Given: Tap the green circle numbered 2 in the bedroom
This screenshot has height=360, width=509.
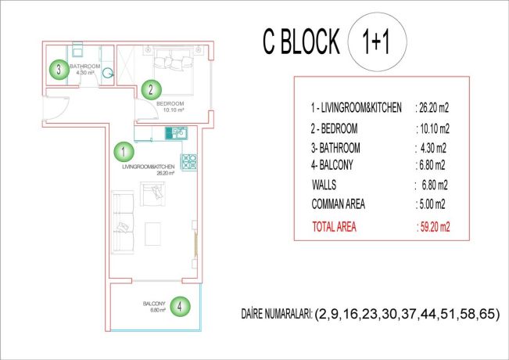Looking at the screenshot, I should coord(151,89).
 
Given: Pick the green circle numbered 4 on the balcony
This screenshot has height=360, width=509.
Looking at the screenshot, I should coord(180,305).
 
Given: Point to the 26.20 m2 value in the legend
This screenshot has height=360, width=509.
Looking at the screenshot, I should coord(432,110).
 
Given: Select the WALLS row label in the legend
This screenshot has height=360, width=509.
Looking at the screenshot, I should coord(328,185).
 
